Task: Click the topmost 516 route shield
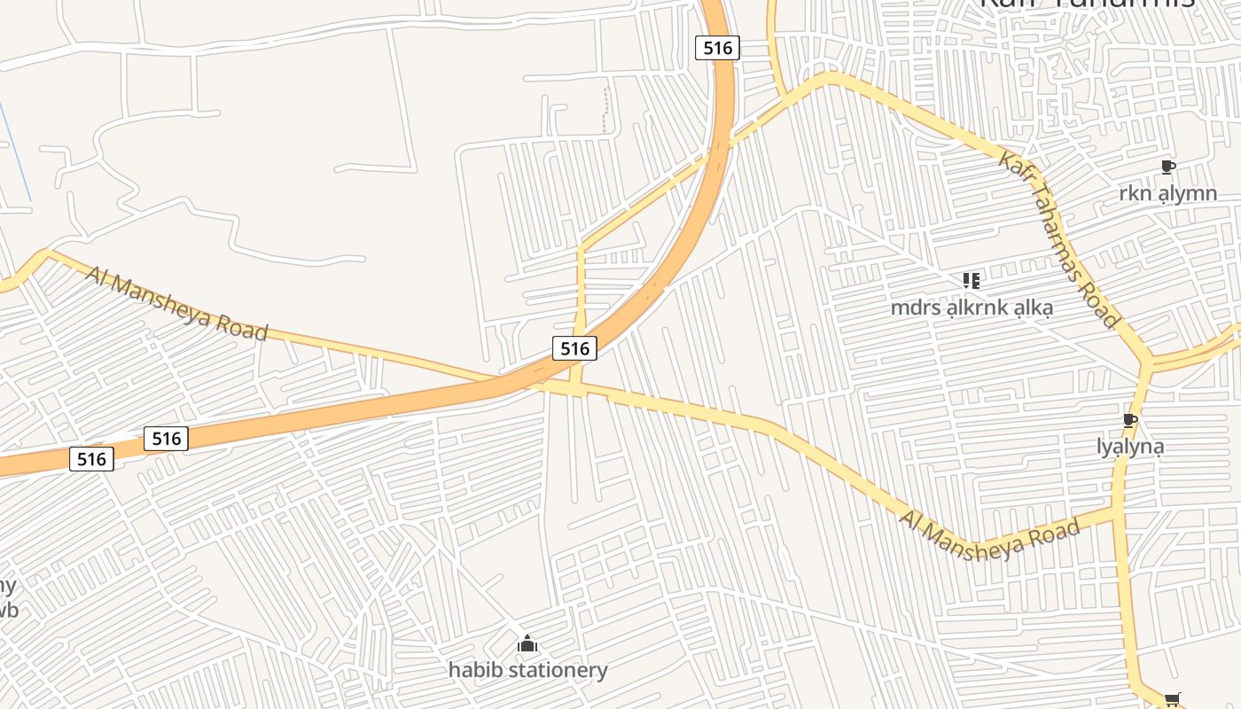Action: (717, 48)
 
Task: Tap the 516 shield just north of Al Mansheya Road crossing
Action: (574, 348)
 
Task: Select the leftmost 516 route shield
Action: (91, 459)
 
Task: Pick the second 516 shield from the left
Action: (166, 438)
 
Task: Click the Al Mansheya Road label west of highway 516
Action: (176, 303)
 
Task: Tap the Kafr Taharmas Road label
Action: (1058, 238)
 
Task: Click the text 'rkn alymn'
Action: (1167, 193)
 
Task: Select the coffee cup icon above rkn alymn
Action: (1167, 167)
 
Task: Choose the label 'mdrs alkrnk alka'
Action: (972, 308)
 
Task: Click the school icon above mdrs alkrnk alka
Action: (971, 281)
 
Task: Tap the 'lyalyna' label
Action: (1129, 447)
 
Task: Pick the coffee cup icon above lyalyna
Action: (1129, 420)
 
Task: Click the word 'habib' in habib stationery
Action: (475, 670)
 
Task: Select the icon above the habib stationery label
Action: (527, 643)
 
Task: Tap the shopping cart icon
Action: (1172, 700)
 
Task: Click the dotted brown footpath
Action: (606, 111)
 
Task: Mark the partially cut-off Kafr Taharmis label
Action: (1086, 4)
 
